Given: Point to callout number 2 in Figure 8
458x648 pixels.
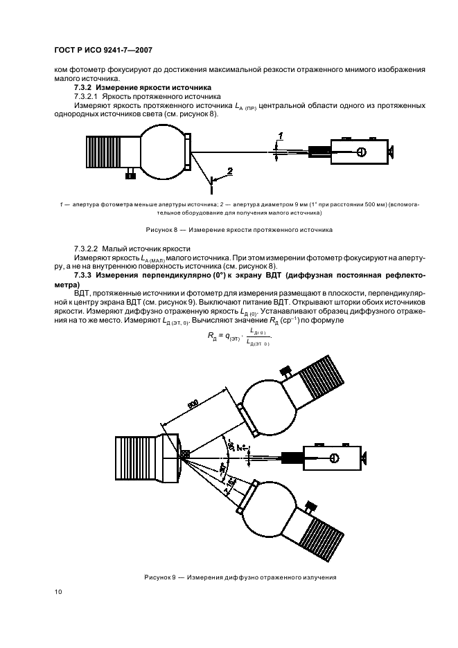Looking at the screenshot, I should [230, 170].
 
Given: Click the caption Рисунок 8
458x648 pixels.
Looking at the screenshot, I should [239, 228].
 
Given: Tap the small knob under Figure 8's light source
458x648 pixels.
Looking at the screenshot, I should [130, 176].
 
